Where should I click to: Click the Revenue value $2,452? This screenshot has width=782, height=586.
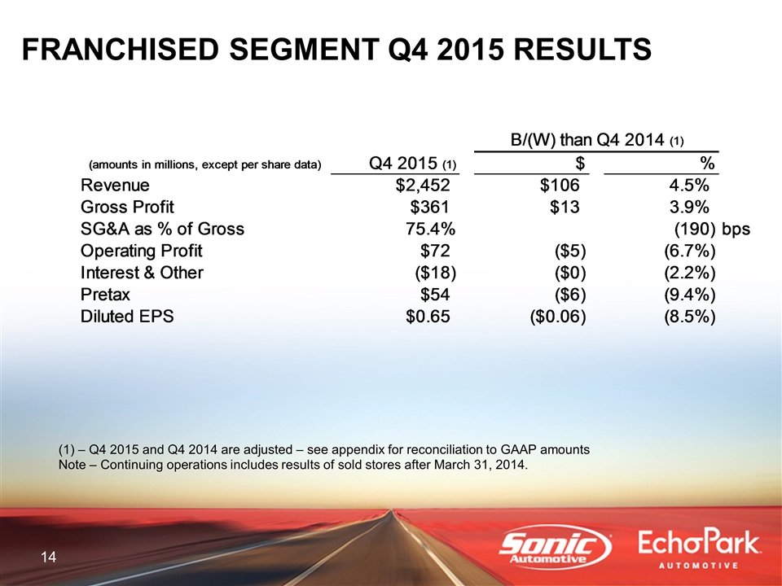423,186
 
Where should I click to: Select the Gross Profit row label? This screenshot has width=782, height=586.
127,207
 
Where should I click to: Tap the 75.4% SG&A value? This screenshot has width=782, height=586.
430,229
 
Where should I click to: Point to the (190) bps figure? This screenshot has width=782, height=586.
712,229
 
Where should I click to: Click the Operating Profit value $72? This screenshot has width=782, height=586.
435,251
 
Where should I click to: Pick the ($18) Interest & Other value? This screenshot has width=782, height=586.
436,273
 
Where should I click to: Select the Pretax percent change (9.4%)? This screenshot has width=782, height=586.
690,295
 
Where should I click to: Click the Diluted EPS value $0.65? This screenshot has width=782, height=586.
428,317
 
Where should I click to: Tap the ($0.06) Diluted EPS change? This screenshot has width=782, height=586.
557,317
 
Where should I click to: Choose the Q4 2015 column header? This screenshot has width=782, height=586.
412,163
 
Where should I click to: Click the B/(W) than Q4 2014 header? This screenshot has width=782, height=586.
597,140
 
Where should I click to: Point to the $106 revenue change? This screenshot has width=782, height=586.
560,186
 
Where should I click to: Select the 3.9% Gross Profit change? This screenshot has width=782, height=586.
689,207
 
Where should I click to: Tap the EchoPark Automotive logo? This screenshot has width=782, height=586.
699,549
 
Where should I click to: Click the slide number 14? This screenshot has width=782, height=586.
48,557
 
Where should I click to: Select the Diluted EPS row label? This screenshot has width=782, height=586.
127,316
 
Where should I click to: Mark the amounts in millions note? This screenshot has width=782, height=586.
205,165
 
